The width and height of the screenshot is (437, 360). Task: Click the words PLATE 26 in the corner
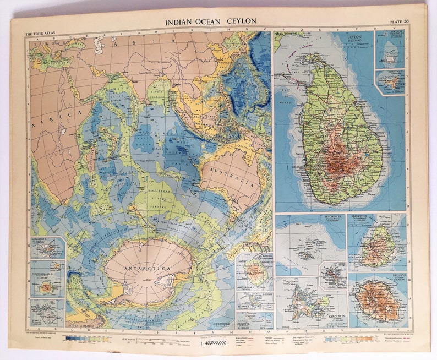399,21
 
